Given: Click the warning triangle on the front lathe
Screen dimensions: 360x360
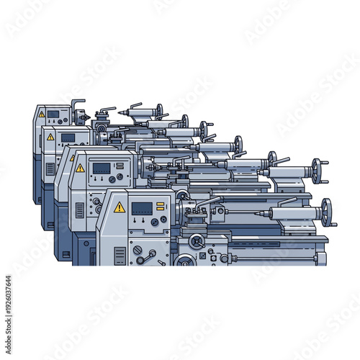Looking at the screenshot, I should pyautogui.click(x=120, y=207).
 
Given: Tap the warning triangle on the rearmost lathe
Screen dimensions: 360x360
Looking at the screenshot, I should pyautogui.click(x=42, y=114).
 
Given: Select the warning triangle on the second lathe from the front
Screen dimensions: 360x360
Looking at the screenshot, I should pyautogui.click(x=81, y=168).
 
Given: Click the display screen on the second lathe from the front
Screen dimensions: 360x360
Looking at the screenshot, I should pyautogui.click(x=102, y=168).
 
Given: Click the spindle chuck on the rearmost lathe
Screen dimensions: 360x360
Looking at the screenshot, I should pyautogui.click(x=84, y=117).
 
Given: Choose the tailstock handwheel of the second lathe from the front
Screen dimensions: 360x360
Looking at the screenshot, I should pyautogui.click(x=317, y=173).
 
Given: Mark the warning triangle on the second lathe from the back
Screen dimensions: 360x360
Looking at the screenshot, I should pyautogui.click(x=51, y=137).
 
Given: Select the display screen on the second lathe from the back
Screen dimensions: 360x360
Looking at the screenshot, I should pyautogui.click(x=68, y=137).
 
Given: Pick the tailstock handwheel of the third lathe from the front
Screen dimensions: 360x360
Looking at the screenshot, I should pyautogui.click(x=273, y=159).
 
